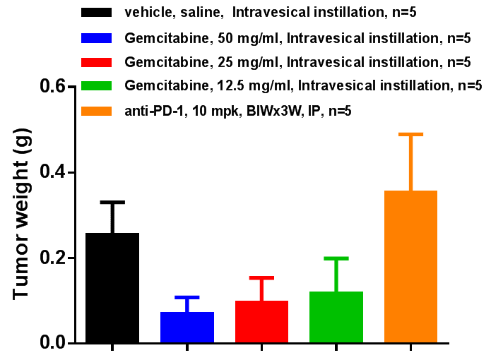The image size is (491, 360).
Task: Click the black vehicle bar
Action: pyautogui.click(x=112, y=288)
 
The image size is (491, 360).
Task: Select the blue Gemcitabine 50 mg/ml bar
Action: pyautogui.click(x=187, y=328)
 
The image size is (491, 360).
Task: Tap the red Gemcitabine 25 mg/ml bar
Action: pyautogui.click(x=261, y=322)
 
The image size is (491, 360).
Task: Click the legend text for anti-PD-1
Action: pyautogui.click(x=237, y=111)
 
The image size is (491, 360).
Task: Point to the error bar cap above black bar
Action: pyautogui.click(x=112, y=202)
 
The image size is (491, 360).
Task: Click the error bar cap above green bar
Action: pyautogui.click(x=336, y=258)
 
